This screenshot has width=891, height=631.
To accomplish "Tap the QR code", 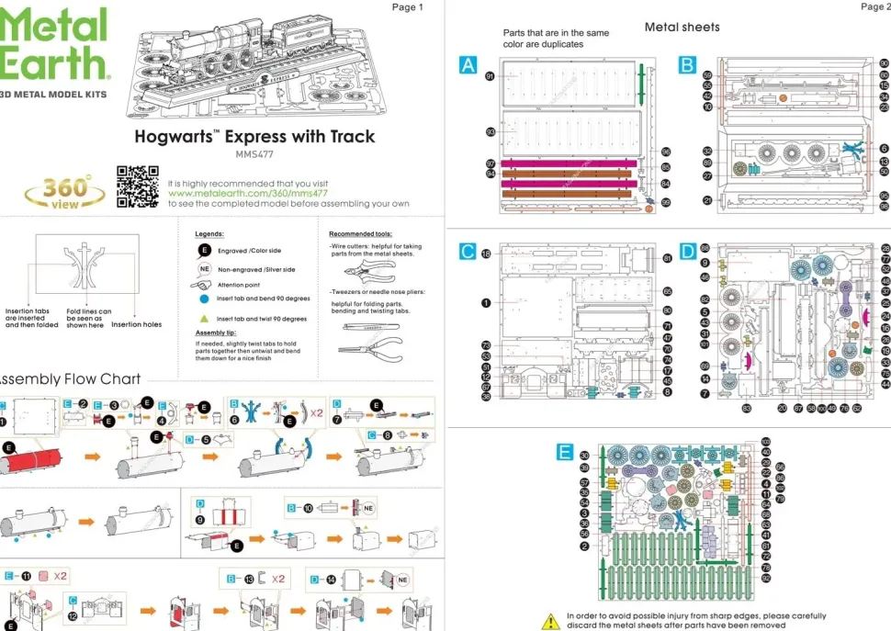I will tap(137, 186).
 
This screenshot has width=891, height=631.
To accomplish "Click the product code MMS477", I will tap(254, 154).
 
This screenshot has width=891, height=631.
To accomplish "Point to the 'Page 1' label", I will tap(408, 7).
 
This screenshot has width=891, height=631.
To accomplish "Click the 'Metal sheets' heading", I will tap(682, 27).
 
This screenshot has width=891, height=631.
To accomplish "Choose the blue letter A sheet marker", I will tap(468, 64).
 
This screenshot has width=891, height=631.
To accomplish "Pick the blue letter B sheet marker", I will tap(688, 64).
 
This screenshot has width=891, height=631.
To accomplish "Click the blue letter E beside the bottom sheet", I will tap(565, 451).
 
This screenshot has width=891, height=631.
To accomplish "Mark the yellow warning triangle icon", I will tap(550, 622).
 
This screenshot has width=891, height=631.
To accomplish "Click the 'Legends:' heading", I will tap(210, 234).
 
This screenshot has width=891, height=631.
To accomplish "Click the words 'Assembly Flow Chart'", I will tap(69, 378).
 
